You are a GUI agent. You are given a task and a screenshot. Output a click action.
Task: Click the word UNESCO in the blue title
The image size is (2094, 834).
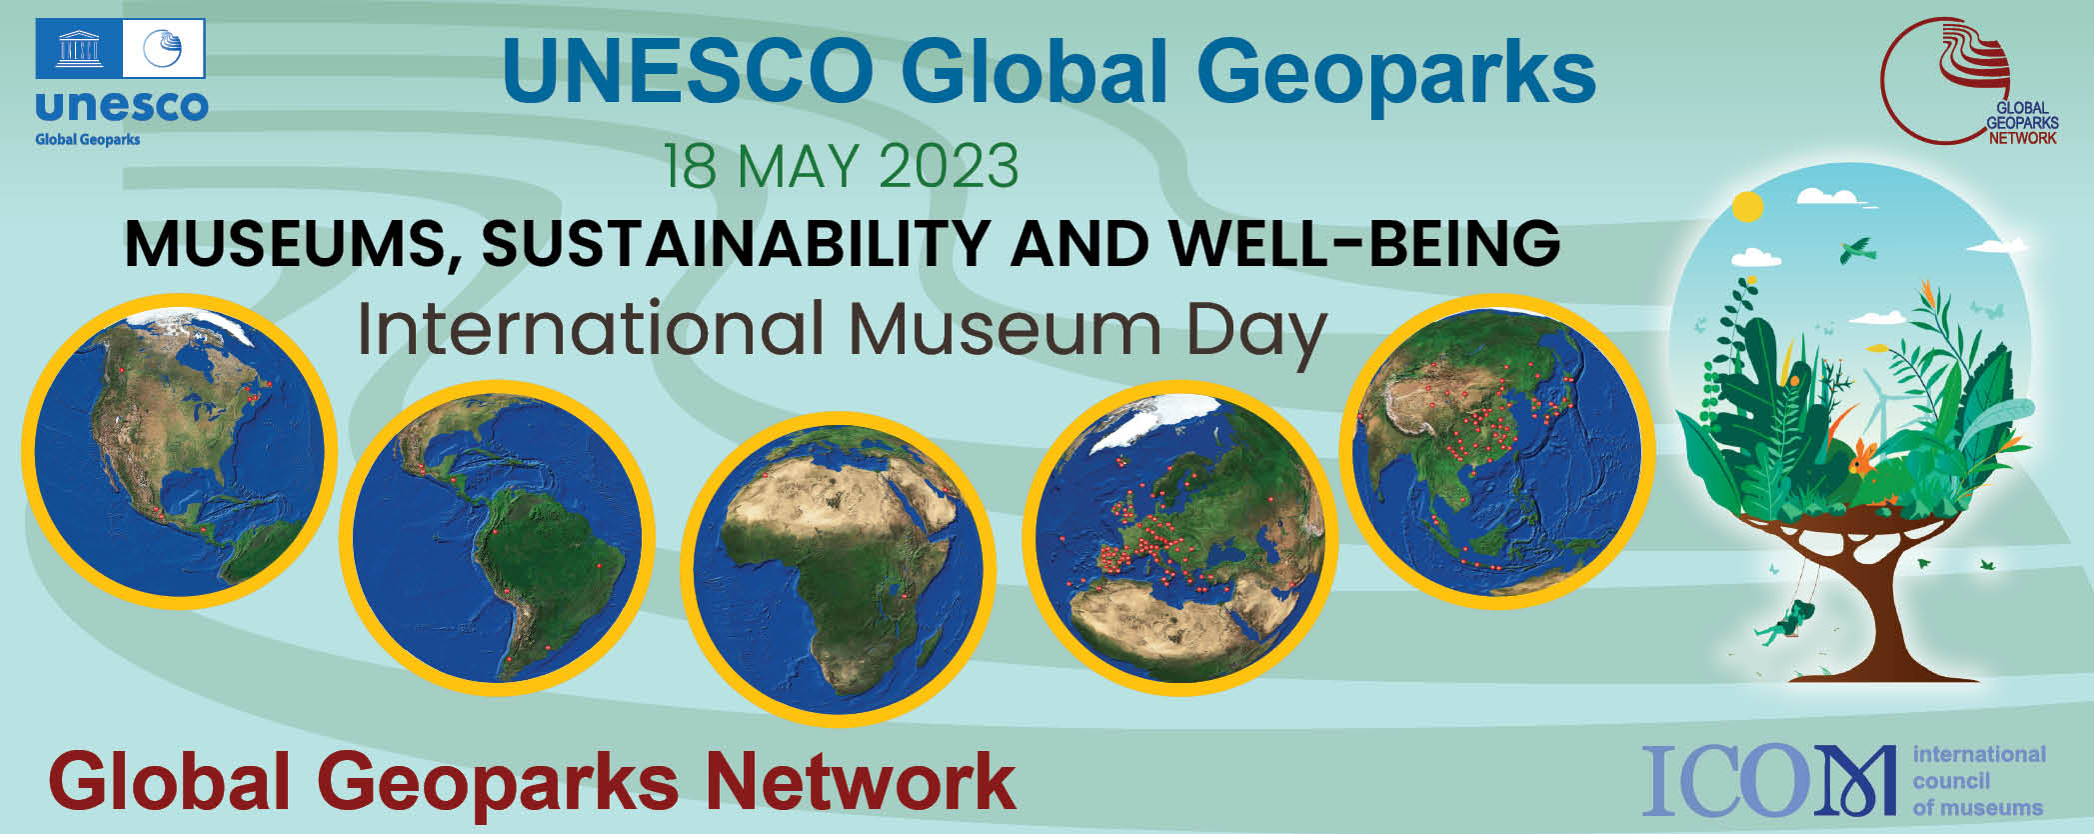tap(688, 72)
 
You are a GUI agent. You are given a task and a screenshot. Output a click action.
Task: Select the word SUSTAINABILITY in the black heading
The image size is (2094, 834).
tap(737, 243)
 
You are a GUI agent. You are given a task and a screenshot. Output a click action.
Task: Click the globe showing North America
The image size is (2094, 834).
tap(180, 452)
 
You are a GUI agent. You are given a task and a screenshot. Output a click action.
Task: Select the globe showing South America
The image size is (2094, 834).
tap(497, 538)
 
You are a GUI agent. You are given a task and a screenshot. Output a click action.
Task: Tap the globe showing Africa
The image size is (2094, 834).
tap(838, 569)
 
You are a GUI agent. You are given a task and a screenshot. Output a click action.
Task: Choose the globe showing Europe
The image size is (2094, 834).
tap(1179, 538)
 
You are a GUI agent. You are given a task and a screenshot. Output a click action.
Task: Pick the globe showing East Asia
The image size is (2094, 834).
tap(1496, 452)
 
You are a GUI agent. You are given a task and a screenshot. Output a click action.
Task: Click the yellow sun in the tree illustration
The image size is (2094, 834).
tap(1747, 207)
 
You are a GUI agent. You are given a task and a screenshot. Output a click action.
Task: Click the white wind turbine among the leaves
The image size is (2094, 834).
tap(1879, 405)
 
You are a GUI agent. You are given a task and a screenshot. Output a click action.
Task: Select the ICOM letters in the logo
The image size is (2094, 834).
tap(1768, 780)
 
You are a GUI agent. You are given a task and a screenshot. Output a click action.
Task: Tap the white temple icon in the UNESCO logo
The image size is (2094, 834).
tap(78, 48)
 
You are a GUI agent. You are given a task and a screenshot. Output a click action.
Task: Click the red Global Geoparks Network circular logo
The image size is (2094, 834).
tap(1957, 82)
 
